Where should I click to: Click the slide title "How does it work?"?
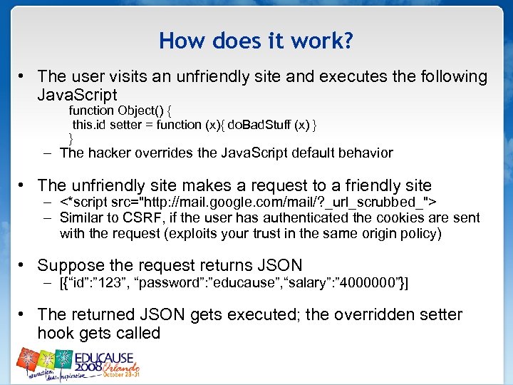tap(256, 41)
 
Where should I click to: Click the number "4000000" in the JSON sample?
tap(374, 283)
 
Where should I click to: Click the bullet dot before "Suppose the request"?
tap(24, 266)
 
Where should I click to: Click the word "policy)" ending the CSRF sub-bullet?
tap(420, 233)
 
